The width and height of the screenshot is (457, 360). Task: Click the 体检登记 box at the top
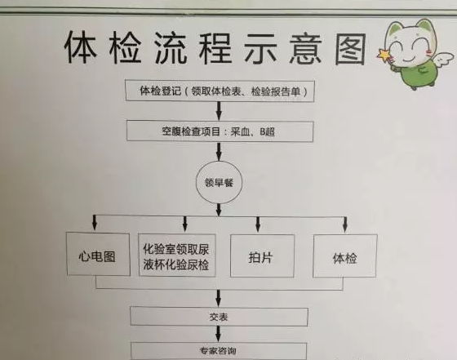coord(220,91)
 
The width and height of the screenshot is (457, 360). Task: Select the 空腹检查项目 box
coord(220,131)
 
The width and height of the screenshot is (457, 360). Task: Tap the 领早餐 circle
coord(219,183)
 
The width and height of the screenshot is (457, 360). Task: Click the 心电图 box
coord(98,254)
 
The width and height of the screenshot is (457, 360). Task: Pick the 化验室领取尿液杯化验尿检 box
coord(177,255)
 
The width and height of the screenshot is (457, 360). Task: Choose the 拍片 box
coord(262,256)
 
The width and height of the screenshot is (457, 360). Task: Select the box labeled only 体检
coord(345,256)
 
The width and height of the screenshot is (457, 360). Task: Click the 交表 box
coord(219,317)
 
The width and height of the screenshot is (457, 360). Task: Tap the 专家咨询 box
coord(219,351)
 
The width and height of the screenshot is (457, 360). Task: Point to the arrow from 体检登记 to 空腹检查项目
coord(220,111)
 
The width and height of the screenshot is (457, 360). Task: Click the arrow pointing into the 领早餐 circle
coord(220,152)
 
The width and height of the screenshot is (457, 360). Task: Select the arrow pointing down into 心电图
coord(94,223)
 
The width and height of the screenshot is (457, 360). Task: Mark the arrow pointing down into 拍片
coord(258,224)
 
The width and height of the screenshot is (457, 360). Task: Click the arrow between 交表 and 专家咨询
coord(219,335)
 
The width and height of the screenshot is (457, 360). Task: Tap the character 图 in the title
coord(350,49)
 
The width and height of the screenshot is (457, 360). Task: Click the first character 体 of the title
coord(80,47)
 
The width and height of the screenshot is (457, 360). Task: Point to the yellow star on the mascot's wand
coord(384,55)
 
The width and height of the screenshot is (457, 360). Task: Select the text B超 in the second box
coord(268,131)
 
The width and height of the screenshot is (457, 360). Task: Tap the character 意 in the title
coord(306,48)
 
